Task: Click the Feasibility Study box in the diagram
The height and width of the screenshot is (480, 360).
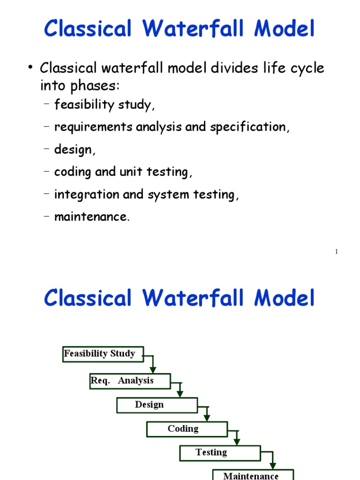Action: point(103,354)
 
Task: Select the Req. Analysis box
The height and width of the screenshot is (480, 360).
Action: point(130,381)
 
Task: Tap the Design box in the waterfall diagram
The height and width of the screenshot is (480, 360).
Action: point(157,405)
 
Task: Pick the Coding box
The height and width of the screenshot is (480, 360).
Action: point(187,429)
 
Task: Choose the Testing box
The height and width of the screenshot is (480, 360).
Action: point(219,453)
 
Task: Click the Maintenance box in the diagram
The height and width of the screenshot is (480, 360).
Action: point(253,474)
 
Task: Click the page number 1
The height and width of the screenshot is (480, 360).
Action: point(337,252)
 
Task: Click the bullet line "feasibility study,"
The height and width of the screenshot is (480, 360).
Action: point(104,105)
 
